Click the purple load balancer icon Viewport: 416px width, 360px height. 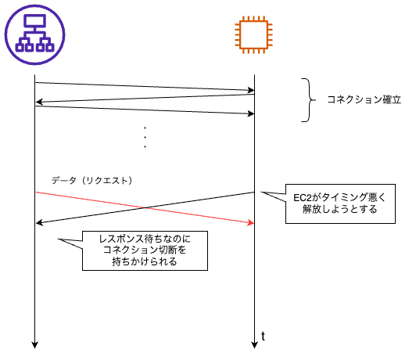click(34, 34)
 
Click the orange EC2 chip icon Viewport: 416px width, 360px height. click(253, 34)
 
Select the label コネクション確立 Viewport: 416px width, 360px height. click(364, 100)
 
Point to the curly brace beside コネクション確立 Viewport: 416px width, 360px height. click(309, 100)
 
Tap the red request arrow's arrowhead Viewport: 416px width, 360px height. click(251, 223)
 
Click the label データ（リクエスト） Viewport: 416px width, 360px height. click(91, 181)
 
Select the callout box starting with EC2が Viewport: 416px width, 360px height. click(340, 203)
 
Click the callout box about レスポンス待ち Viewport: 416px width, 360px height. click(145, 250)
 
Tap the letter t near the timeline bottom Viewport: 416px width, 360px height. click(263, 336)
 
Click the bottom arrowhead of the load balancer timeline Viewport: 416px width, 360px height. click(34, 344)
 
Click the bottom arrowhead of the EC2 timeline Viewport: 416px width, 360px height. click(254, 344)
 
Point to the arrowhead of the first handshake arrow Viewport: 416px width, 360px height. click(251, 90)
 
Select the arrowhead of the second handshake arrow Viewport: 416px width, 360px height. click(39, 102)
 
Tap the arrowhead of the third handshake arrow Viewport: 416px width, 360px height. click(251, 114)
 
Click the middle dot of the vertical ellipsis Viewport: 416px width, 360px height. click(145, 137)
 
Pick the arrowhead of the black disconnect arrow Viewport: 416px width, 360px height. click(39, 223)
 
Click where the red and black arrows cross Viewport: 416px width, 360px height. click(145, 207)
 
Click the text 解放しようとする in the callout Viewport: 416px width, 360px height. click(340, 210)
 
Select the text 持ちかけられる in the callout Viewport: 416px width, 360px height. click(145, 261)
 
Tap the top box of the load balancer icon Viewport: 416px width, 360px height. click(34, 20)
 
